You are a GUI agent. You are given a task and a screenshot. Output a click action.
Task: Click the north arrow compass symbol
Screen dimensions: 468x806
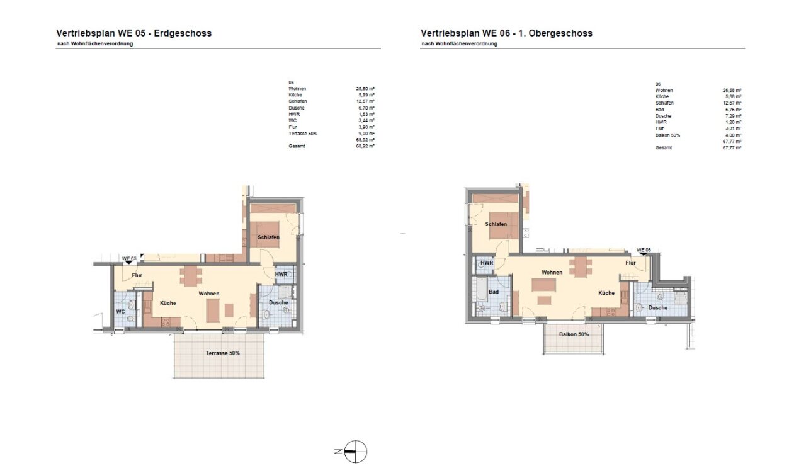tap(355, 451)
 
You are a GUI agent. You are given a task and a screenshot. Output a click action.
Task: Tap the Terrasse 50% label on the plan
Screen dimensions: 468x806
tap(222, 353)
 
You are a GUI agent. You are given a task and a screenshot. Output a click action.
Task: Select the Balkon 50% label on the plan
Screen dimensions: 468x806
tap(574, 334)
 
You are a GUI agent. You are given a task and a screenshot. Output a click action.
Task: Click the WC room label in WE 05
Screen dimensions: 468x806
tap(120, 312)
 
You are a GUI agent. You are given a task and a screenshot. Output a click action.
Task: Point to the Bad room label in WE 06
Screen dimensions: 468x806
tap(494, 292)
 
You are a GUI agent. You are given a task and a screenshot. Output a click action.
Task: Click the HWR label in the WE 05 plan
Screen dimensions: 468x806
tap(281, 274)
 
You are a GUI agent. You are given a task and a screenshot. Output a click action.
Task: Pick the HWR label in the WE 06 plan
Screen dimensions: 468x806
tap(487, 263)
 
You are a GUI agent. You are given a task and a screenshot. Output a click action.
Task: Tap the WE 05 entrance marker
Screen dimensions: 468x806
tap(129, 259)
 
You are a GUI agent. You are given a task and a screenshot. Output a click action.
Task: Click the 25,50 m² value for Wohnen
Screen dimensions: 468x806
tap(365, 89)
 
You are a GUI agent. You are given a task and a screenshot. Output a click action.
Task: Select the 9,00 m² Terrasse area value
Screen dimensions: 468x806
tap(366, 133)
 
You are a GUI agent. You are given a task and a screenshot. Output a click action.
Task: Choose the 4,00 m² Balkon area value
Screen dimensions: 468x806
tap(732, 135)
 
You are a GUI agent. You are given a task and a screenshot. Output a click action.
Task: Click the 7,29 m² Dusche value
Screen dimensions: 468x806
tap(732, 116)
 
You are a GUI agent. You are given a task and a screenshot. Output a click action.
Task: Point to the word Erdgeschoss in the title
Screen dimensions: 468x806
tap(183, 33)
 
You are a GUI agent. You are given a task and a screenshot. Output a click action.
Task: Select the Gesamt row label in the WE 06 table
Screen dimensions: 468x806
tap(663, 147)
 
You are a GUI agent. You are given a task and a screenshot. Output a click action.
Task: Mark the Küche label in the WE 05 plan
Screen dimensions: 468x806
tap(168, 303)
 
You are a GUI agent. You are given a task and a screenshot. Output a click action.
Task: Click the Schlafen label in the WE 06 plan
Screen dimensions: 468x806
tap(496, 224)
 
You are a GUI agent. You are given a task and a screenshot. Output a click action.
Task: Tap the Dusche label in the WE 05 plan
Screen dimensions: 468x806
tap(278, 302)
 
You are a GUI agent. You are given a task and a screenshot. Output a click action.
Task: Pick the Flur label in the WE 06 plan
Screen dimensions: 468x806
tap(630, 263)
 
